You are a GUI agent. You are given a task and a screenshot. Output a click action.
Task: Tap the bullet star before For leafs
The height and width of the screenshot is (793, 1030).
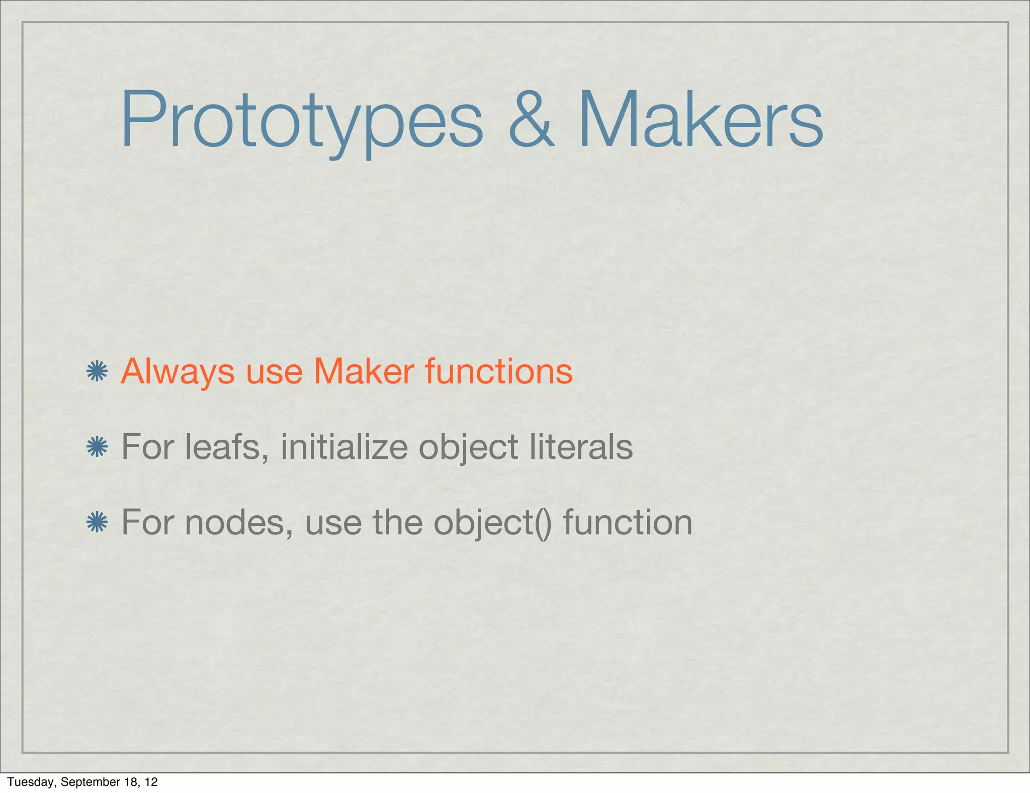pyautogui.click(x=97, y=447)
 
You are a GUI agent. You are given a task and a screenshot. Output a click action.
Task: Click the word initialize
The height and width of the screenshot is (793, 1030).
pyautogui.click(x=344, y=447)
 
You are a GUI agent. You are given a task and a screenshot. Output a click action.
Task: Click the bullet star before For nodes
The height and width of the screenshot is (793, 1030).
pyautogui.click(x=97, y=522)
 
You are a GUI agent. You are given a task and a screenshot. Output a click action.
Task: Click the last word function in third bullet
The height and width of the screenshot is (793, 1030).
pyautogui.click(x=628, y=522)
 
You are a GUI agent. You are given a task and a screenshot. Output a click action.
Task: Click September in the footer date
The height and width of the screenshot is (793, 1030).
pyautogui.click(x=87, y=782)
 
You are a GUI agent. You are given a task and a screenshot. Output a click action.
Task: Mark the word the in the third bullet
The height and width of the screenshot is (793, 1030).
pyautogui.click(x=397, y=522)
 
